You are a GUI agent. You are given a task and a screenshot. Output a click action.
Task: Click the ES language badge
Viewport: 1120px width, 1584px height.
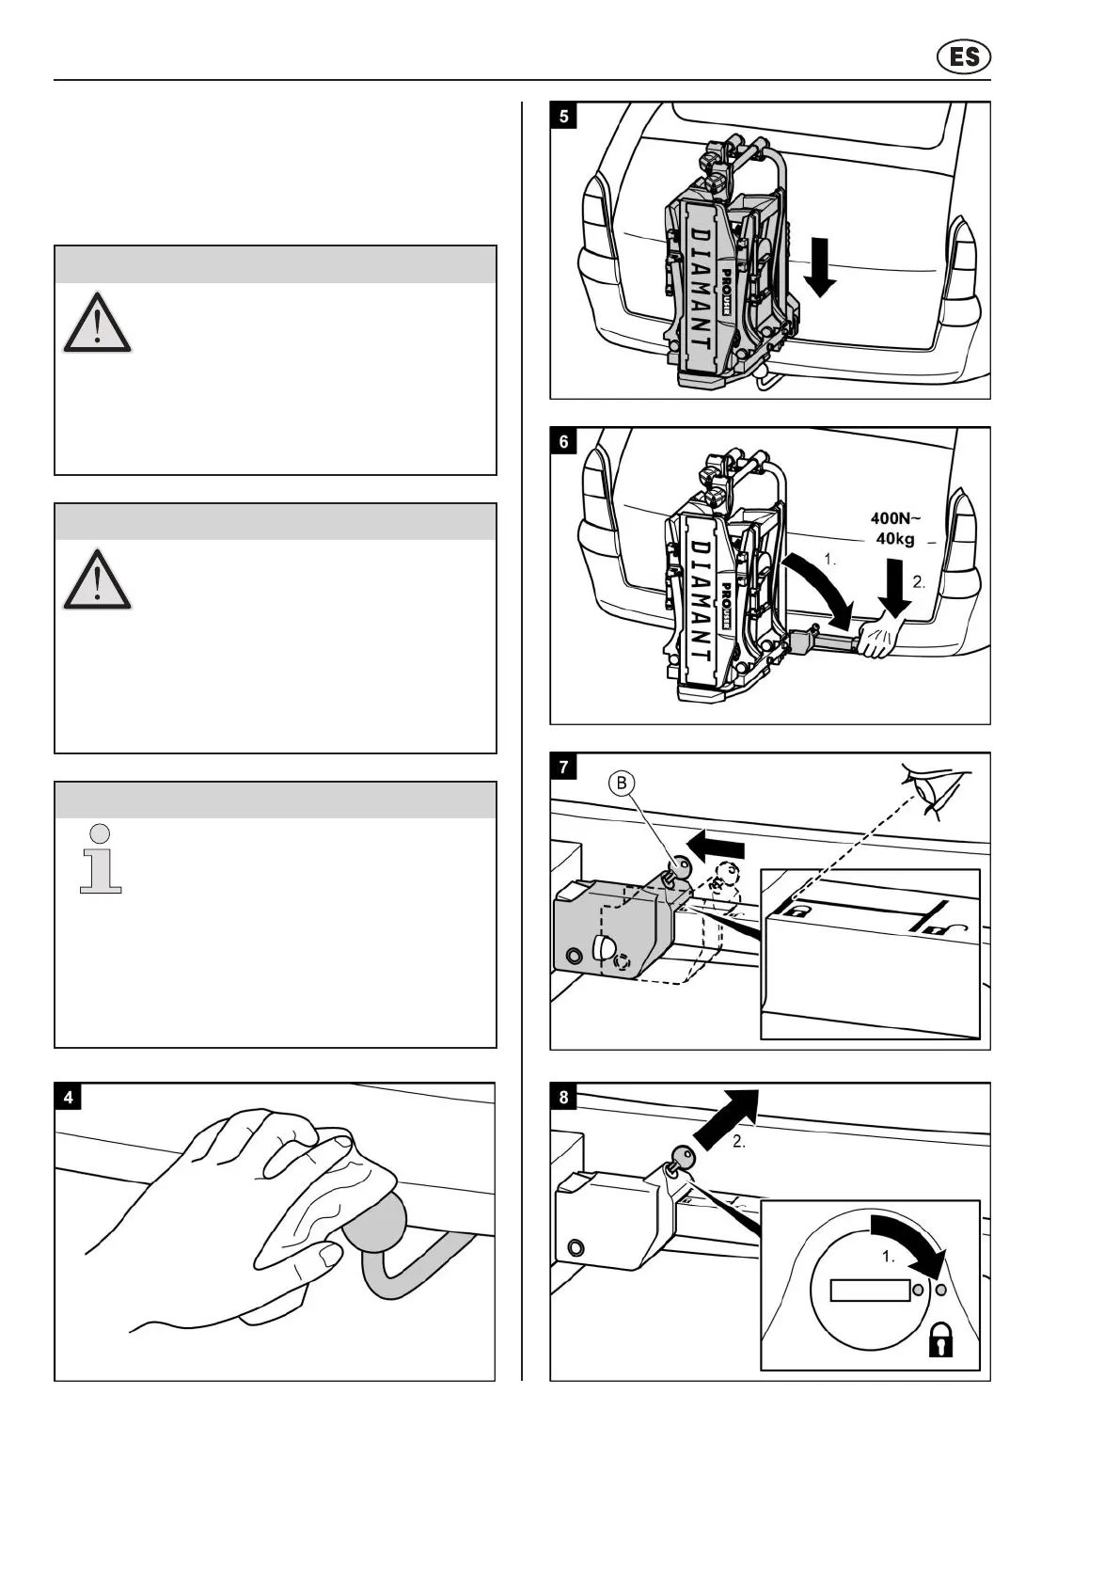click(x=964, y=57)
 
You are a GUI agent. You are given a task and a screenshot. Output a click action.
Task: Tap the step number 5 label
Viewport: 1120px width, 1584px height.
click(x=563, y=117)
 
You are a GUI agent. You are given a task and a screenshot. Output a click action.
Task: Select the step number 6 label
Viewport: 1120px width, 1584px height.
click(x=563, y=442)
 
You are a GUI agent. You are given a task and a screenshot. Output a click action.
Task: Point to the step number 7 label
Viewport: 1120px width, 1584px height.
click(x=563, y=768)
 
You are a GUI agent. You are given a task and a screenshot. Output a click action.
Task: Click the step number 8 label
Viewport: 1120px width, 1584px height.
click(x=563, y=1097)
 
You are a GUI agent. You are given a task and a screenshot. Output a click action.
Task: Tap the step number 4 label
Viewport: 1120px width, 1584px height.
click(x=69, y=1097)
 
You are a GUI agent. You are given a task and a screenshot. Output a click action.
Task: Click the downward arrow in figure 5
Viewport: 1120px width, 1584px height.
click(x=819, y=267)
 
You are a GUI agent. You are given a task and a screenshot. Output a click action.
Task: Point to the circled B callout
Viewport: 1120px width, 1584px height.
click(x=622, y=783)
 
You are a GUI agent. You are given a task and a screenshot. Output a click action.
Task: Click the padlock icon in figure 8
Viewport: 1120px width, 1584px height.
click(x=940, y=1339)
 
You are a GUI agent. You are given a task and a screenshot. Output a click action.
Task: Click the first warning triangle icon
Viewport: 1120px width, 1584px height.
click(x=97, y=323)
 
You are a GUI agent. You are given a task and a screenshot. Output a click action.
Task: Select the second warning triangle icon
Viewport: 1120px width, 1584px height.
click(x=97, y=579)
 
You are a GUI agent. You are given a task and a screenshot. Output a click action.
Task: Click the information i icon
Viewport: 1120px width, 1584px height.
click(x=101, y=858)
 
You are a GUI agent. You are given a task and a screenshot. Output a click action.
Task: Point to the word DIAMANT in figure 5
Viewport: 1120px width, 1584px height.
click(x=701, y=291)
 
